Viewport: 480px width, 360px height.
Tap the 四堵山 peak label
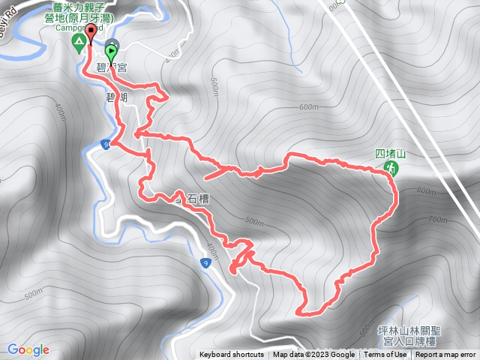(x=390, y=154)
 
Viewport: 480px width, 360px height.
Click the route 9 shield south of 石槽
(x=205, y=262)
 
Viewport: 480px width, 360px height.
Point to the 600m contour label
(x=308, y=107)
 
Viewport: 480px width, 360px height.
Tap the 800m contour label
(x=424, y=191)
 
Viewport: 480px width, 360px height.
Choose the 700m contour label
(x=436, y=220)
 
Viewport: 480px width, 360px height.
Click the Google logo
(x=28, y=349)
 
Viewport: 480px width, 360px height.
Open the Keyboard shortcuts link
(x=231, y=355)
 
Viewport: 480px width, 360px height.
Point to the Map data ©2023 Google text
(x=314, y=355)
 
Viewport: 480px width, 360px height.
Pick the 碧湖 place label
(x=115, y=97)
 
